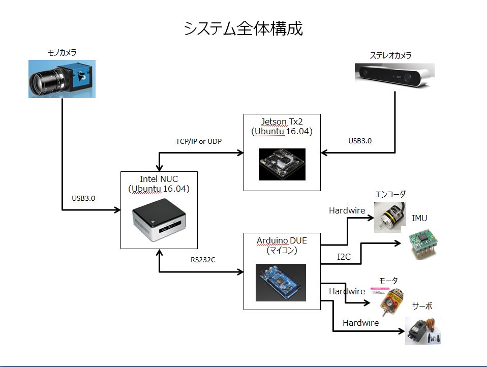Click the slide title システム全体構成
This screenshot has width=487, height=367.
[x=243, y=29]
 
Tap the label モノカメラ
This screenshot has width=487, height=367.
[x=62, y=52]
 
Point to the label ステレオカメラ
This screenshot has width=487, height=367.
[x=390, y=55]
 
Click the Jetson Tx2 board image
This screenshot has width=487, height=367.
[x=282, y=164]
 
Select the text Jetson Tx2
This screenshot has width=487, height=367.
[x=282, y=120]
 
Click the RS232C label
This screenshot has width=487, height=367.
[x=203, y=260]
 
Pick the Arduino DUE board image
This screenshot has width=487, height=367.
[x=281, y=282]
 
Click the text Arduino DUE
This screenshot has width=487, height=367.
[x=282, y=240]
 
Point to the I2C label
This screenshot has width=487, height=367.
[x=344, y=257]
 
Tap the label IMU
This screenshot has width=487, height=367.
[x=419, y=219]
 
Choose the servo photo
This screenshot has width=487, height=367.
[x=423, y=331]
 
